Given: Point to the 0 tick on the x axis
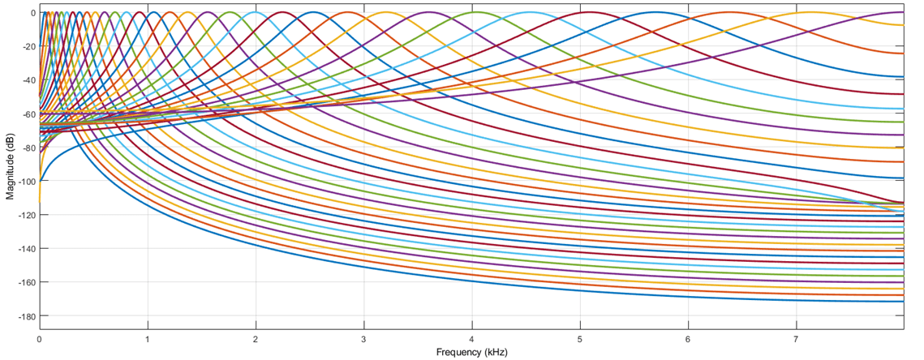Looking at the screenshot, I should [x=39, y=340].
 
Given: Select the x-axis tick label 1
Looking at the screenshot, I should [x=147, y=340].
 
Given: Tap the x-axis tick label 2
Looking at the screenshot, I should [x=256, y=340].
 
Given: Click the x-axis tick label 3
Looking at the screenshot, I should [x=363, y=340].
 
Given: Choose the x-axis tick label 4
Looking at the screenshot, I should [x=471, y=340].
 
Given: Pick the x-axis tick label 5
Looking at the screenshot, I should [x=580, y=340].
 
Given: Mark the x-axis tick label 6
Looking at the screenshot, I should [x=688, y=340].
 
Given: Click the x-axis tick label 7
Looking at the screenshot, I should [x=796, y=340].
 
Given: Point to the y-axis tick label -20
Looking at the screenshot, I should [x=27, y=46].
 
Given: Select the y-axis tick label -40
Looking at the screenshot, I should [x=27, y=79].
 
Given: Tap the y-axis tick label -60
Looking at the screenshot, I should [x=27, y=114].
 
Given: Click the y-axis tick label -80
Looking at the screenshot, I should [x=27, y=147].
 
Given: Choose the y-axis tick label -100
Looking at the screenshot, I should [x=24, y=181].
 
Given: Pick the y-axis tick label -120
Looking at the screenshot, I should [x=24, y=214].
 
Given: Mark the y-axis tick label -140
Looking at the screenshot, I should [x=24, y=248].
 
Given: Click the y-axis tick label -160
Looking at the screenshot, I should [x=24, y=281].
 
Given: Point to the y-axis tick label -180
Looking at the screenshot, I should [x=24, y=315].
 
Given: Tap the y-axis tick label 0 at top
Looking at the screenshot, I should [x=32, y=13].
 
